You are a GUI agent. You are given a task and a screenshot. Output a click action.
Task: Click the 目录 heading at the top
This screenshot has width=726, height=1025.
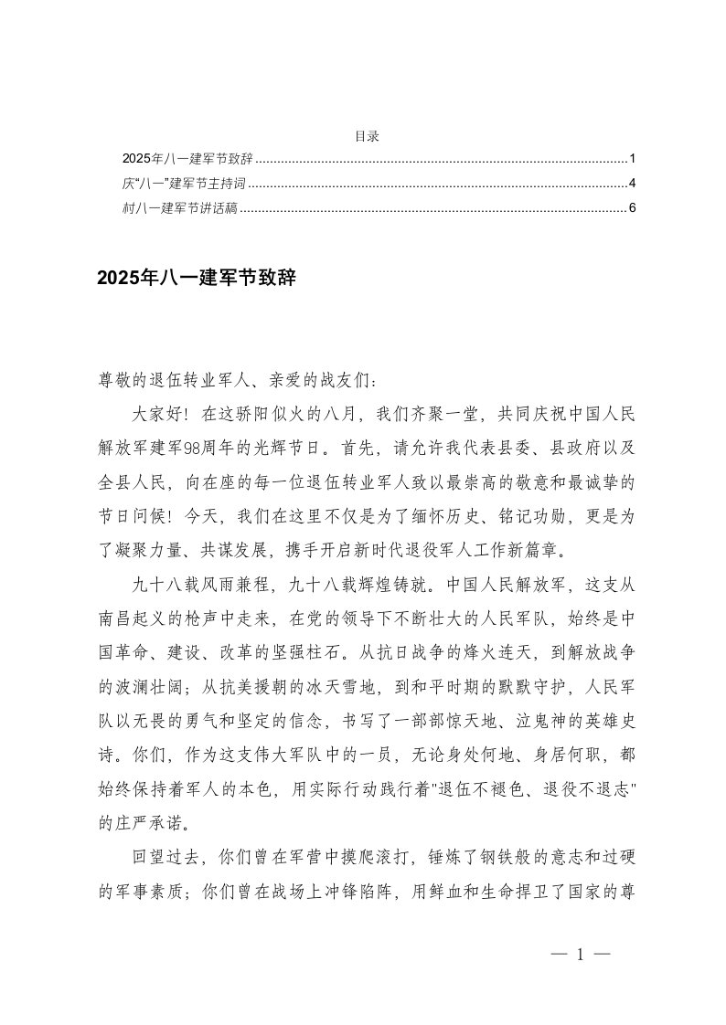[367, 136]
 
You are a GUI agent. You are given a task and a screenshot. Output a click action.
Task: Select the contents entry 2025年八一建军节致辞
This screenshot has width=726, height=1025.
[187, 157]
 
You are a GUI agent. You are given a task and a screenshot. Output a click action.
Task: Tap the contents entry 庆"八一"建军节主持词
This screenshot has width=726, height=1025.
[184, 183]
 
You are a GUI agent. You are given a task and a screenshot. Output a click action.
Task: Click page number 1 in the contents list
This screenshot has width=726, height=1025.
[632, 157]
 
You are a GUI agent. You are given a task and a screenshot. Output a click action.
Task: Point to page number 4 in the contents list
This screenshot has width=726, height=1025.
[632, 183]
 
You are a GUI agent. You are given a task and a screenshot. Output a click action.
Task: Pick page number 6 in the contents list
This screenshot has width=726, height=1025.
[632, 208]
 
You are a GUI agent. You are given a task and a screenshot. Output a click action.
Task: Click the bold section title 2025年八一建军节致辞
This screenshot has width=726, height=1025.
[197, 279]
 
